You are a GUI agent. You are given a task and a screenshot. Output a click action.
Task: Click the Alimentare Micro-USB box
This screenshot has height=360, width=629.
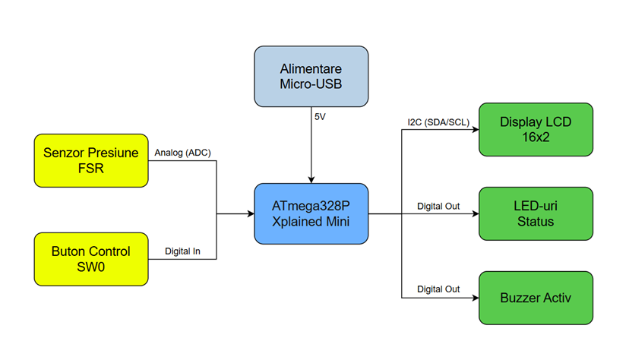(311, 76)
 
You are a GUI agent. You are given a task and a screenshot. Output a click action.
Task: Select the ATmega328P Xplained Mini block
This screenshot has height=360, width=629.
(311, 213)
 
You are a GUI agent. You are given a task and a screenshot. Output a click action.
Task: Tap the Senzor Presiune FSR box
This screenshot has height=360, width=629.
(91, 160)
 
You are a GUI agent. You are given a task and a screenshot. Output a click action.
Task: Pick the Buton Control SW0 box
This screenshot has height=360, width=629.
(91, 259)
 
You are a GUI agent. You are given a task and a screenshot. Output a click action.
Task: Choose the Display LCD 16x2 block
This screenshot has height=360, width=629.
(536, 129)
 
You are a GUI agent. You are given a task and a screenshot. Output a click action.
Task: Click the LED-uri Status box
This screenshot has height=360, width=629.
(536, 213)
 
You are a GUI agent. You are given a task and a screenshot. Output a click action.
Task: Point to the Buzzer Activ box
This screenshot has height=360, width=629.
(536, 298)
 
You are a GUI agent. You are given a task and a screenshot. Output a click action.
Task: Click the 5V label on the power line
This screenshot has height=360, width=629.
(320, 117)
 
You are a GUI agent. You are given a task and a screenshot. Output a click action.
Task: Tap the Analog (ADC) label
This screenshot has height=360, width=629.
(182, 153)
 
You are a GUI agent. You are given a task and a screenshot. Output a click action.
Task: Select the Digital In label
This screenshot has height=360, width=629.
(182, 251)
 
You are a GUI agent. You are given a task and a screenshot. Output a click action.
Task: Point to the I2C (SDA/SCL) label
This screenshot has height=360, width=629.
(438, 122)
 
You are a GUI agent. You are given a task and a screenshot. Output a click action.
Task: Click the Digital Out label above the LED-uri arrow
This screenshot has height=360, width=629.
(438, 206)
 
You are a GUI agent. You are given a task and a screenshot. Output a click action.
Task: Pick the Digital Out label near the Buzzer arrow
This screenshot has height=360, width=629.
(438, 289)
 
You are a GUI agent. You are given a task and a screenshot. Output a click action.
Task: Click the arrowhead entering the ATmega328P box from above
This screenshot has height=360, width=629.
(311, 180)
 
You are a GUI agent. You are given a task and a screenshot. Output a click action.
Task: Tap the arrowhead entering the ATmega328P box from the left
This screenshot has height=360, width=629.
(251, 213)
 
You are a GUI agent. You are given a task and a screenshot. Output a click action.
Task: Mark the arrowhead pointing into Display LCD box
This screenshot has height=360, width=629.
(476, 129)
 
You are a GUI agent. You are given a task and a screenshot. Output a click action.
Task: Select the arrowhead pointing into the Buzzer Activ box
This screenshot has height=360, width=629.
(476, 298)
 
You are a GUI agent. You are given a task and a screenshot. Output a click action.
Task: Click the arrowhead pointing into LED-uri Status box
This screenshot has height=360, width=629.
(476, 213)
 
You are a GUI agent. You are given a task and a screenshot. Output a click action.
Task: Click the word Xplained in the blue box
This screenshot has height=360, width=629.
(294, 222)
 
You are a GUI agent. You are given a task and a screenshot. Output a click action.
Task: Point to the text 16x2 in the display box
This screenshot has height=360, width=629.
(536, 137)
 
